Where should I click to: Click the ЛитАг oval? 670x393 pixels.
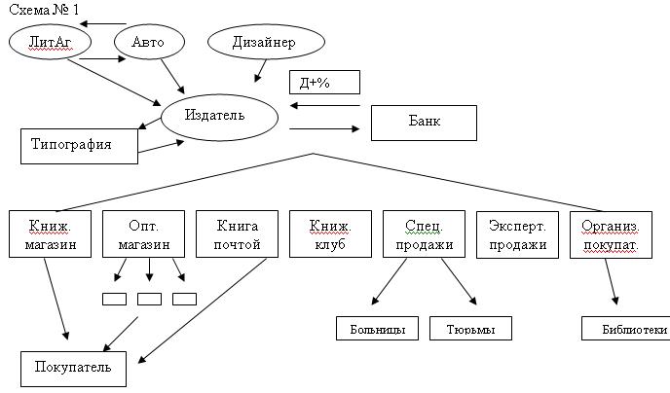pyautogui.click(x=50, y=42)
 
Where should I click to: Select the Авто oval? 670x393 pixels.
pyautogui.click(x=149, y=42)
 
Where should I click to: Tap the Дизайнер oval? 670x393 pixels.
pyautogui.click(x=266, y=42)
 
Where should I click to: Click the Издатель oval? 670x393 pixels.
pyautogui.click(x=219, y=118)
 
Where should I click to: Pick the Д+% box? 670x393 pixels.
pyautogui.click(x=324, y=83)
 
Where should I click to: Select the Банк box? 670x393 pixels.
pyautogui.click(x=424, y=123)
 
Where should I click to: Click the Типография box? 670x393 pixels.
pyautogui.click(x=79, y=146)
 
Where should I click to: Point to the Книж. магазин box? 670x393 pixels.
pyautogui.click(x=50, y=233)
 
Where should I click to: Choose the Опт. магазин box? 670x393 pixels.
pyautogui.click(x=143, y=233)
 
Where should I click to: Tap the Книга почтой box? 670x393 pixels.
pyautogui.click(x=238, y=233)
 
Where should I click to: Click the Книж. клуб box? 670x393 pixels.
pyautogui.click(x=330, y=233)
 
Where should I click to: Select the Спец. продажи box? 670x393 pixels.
pyautogui.click(x=424, y=233)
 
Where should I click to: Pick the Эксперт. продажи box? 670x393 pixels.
pyautogui.click(x=517, y=234)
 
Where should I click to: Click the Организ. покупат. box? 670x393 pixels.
pyautogui.click(x=611, y=234)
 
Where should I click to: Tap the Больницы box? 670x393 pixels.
pyautogui.click(x=377, y=328)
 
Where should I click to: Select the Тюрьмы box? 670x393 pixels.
pyautogui.click(x=470, y=328)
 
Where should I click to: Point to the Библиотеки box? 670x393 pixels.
pyautogui.click(x=625, y=328)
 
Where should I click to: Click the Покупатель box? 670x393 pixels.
pyautogui.click(x=73, y=369)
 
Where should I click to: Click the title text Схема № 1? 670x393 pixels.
pyautogui.click(x=44, y=10)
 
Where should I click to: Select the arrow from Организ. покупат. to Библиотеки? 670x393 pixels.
pyautogui.click(x=611, y=281)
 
